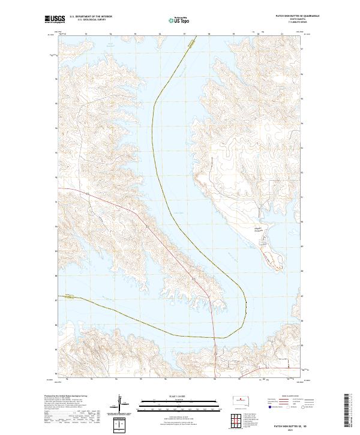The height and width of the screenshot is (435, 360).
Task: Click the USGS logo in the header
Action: (53, 19)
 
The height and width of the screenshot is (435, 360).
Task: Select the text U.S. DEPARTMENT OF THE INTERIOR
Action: (91, 17)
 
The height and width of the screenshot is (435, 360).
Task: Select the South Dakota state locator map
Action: (241, 402)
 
